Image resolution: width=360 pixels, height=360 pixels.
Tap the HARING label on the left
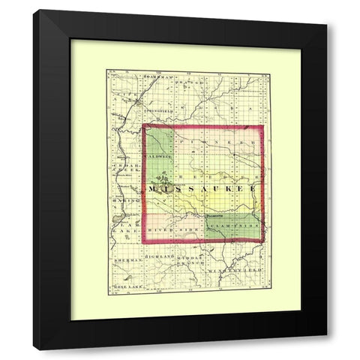pyautogui.click(x=124, y=200)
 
